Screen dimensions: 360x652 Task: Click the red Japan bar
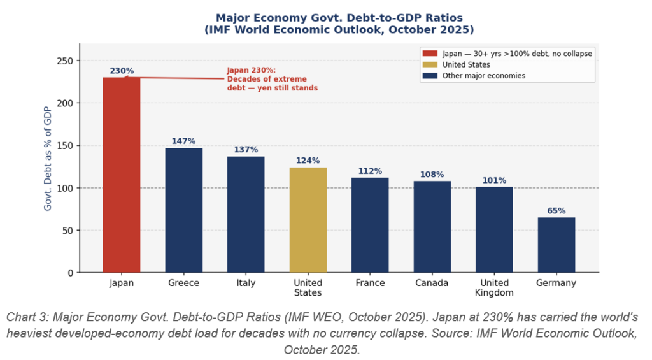(x=122, y=175)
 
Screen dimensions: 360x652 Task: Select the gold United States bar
(x=308, y=220)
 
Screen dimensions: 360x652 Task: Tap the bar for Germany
(x=556, y=245)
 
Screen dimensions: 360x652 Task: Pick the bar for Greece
(x=183, y=210)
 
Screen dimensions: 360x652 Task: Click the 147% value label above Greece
(x=183, y=141)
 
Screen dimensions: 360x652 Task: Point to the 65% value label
(x=556, y=211)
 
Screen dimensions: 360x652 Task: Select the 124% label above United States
(x=308, y=161)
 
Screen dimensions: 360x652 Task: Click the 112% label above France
(x=370, y=171)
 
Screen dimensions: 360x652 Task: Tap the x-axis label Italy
(x=246, y=283)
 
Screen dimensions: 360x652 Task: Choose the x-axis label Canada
(x=432, y=283)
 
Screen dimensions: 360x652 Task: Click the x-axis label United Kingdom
(x=494, y=287)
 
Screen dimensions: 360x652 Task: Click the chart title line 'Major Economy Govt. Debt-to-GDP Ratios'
(x=339, y=18)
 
